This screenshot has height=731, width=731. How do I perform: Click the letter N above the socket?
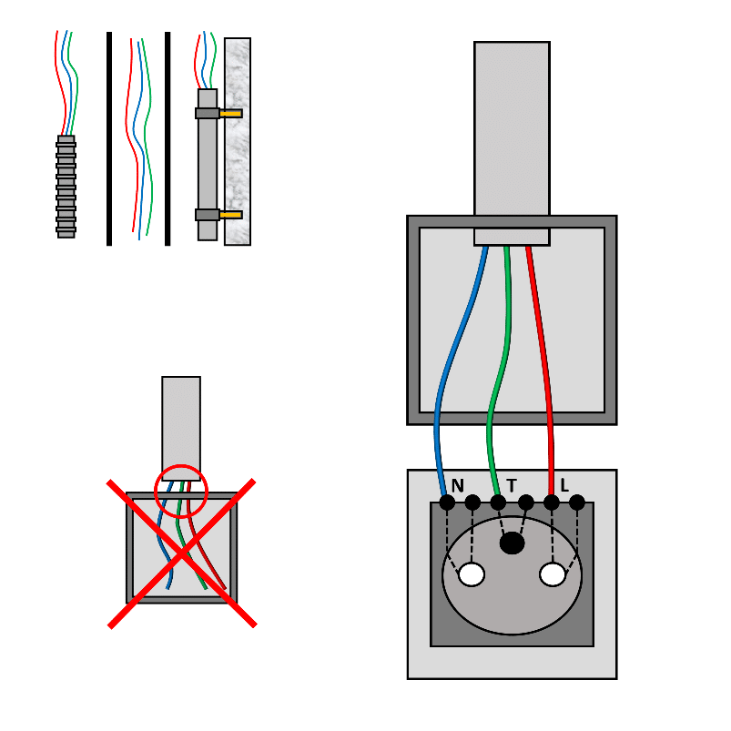pyautogui.click(x=457, y=485)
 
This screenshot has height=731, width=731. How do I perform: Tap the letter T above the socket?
pyautogui.click(x=512, y=485)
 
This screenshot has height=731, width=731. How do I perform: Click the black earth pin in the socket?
pyautogui.click(x=513, y=543)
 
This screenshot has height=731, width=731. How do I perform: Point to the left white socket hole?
pyautogui.click(x=472, y=574)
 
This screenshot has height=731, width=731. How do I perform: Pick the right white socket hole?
pyautogui.click(x=553, y=574)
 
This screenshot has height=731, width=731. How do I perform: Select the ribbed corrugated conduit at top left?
pyautogui.click(x=66, y=187)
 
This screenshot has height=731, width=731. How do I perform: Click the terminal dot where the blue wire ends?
pyautogui.click(x=447, y=503)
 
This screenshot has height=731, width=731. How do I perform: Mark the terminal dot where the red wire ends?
pyautogui.click(x=552, y=503)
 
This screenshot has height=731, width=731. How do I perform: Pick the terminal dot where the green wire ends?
pyautogui.click(x=498, y=503)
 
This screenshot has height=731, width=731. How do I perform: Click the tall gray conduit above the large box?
pyautogui.click(x=512, y=127)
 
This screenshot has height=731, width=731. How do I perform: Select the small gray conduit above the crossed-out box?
pyautogui.click(x=181, y=419)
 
